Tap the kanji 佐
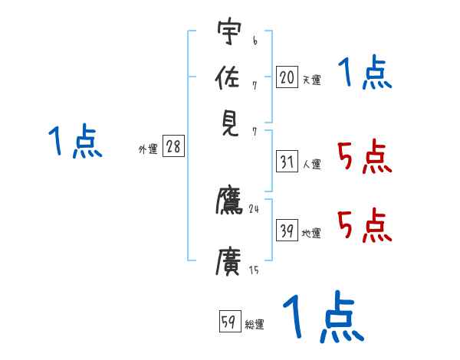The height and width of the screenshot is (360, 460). [x=229, y=79]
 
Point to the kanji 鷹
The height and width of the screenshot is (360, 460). [x=229, y=201]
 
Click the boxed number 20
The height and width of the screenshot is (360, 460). [x=287, y=77]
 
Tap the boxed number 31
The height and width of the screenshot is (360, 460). [x=287, y=162]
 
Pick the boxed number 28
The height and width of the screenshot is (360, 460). [x=173, y=147]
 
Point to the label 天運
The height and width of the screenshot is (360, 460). [x=311, y=80]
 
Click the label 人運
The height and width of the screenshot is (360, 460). [x=311, y=164]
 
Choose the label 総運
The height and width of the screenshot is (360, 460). [x=255, y=325]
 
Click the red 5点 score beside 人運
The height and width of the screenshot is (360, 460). [x=364, y=158]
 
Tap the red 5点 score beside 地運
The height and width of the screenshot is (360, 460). [x=364, y=225]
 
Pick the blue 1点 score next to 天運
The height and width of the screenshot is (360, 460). [x=364, y=74]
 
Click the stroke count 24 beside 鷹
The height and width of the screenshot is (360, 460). [x=254, y=208]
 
